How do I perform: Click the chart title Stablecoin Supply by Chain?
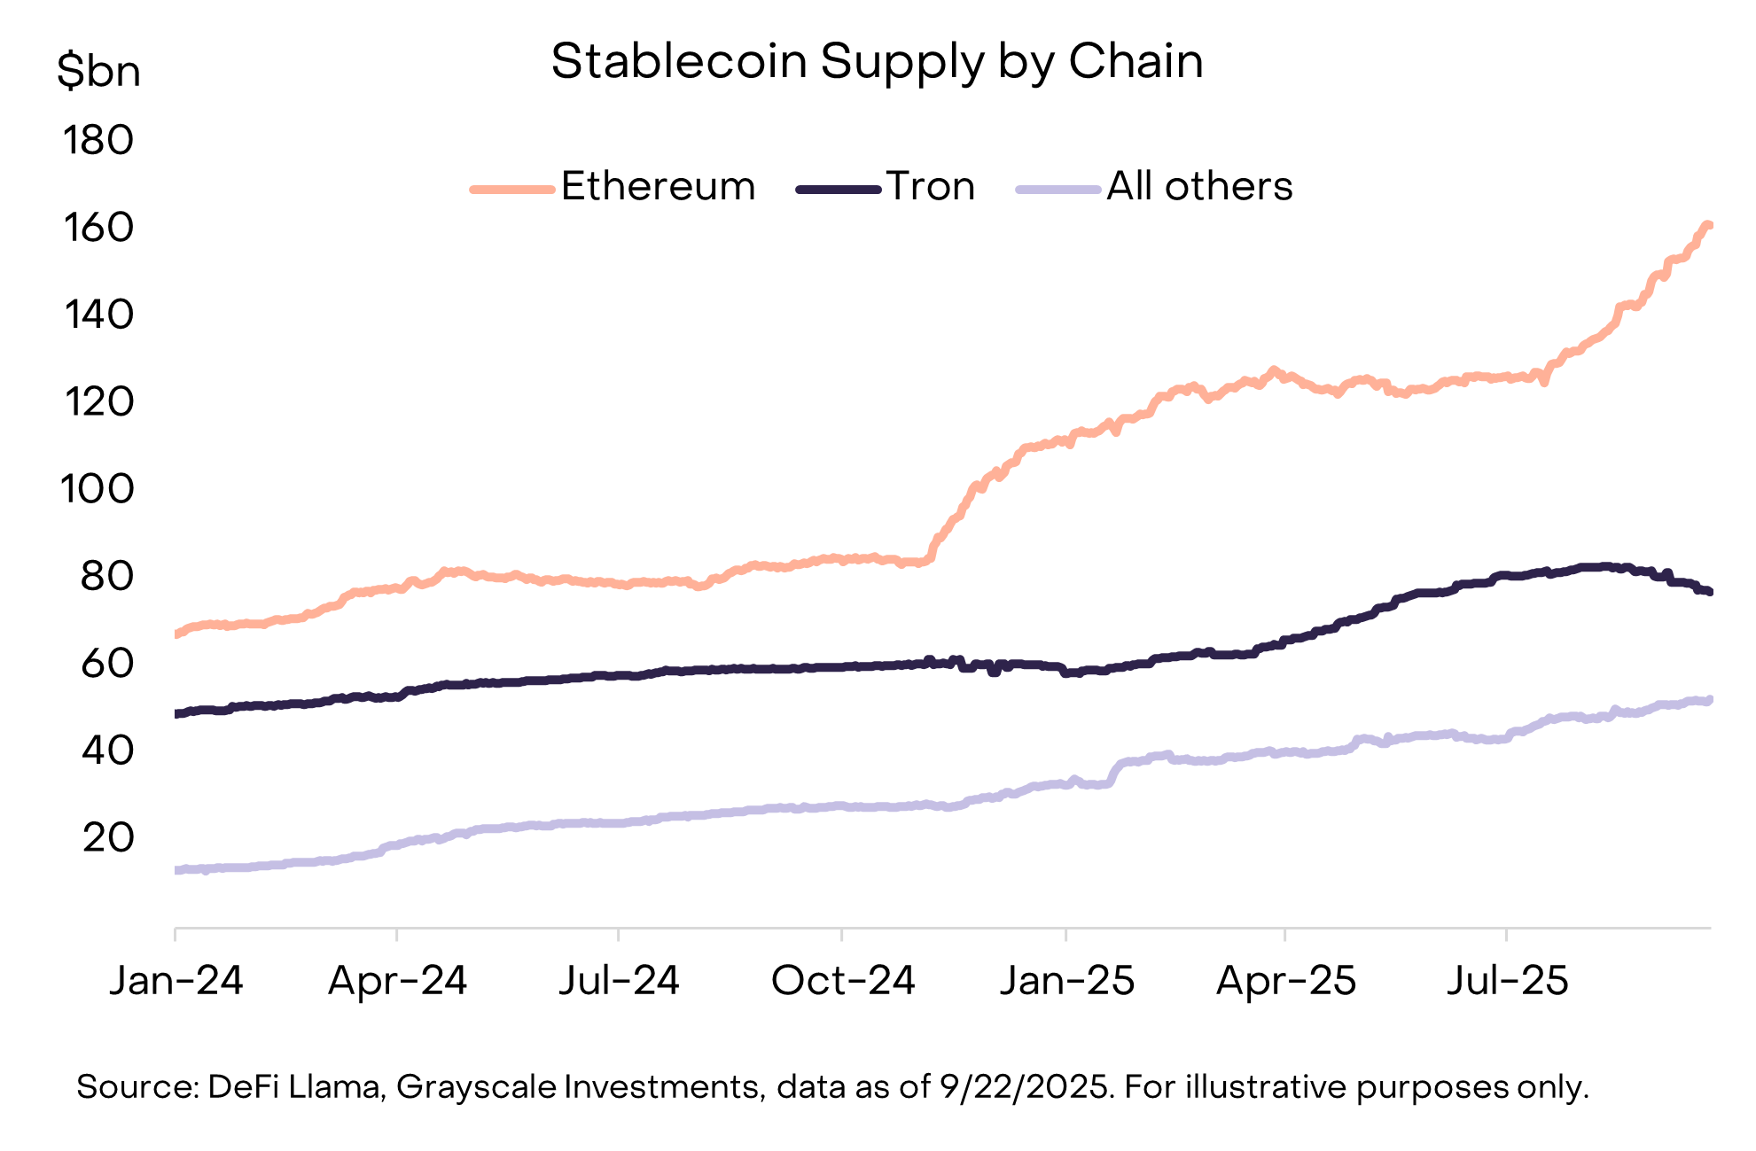point(877,62)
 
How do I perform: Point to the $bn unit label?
point(98,71)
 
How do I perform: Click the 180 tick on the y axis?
point(98,141)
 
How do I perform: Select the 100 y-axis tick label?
point(98,489)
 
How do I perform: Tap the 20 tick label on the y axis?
point(107,837)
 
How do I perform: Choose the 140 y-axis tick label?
point(98,315)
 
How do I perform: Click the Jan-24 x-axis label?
point(176,981)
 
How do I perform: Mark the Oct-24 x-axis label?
point(842,981)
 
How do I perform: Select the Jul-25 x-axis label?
point(1507,981)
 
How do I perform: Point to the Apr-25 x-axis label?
point(1285,981)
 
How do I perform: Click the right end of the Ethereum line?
point(1708,225)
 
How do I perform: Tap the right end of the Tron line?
point(1709,592)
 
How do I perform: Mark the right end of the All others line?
point(1709,700)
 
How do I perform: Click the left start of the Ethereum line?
point(177,634)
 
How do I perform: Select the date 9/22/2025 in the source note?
point(1025,1087)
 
